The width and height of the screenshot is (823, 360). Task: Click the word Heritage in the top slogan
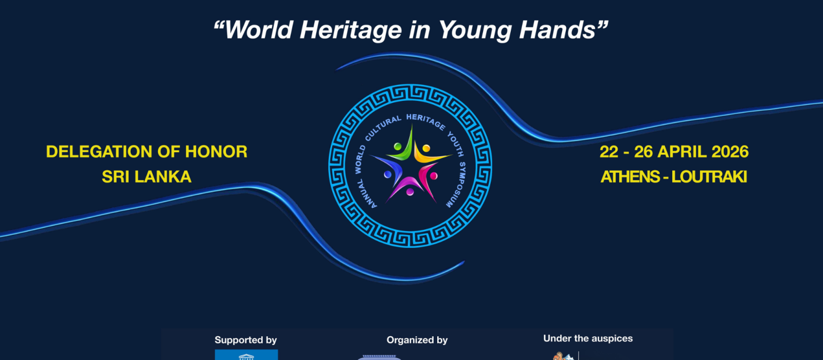(x=350, y=30)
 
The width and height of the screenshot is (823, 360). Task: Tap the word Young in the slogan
(x=475, y=30)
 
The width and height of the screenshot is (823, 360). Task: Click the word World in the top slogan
(x=259, y=29)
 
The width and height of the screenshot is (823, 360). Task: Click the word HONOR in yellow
(x=216, y=152)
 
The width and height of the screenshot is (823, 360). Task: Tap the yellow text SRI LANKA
(x=147, y=177)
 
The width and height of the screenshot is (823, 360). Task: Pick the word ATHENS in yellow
(x=630, y=177)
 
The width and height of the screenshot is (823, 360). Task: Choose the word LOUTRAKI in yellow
(x=709, y=177)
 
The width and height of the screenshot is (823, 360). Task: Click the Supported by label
(x=245, y=340)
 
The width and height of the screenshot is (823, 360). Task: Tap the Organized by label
(x=417, y=340)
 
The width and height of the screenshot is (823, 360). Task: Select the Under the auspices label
(x=588, y=338)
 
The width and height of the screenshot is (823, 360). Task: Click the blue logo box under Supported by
(x=246, y=355)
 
